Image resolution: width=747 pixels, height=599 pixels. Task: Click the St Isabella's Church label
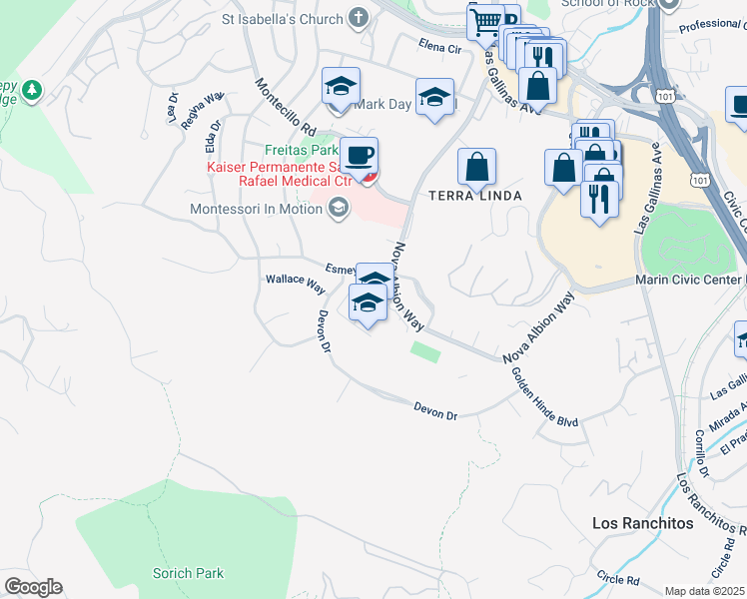282,18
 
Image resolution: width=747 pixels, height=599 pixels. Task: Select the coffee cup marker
360,155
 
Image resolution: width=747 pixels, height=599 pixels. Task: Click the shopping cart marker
485,21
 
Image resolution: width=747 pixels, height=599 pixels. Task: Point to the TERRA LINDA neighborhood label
475,196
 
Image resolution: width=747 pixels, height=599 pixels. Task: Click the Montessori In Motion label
257,210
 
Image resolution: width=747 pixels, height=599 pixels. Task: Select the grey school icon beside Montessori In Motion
338,209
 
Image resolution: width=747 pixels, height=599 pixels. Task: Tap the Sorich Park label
188,573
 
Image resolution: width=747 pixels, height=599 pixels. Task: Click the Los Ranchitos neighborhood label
642,523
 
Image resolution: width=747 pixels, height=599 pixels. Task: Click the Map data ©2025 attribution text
705,591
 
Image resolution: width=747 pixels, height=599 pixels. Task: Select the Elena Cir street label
440,47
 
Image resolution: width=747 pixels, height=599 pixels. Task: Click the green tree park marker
32,91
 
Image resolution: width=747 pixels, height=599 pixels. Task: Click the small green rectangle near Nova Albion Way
425,350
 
